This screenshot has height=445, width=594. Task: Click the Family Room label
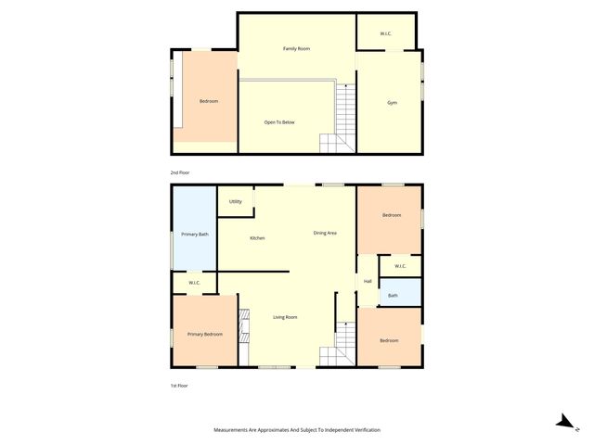click(296, 47)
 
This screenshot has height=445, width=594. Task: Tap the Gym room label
click(392, 102)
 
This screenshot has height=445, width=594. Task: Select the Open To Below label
click(279, 121)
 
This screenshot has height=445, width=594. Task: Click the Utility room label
click(236, 201)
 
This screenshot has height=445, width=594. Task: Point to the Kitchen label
click(257, 238)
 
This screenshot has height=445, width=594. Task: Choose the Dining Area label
click(325, 233)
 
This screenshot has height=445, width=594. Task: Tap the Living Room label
click(285, 317)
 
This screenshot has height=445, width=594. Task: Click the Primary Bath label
click(195, 235)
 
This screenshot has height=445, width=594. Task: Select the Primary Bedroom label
click(205, 334)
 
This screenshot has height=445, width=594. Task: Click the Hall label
click(368, 281)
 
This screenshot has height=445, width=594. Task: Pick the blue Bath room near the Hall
click(394, 296)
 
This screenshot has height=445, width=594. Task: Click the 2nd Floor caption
click(179, 172)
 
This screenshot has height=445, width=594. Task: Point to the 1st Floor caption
click(178, 385)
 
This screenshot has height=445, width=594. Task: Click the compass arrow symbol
click(563, 422)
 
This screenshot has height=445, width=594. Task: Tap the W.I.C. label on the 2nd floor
click(386, 34)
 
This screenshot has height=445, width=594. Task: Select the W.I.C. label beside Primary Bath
click(195, 283)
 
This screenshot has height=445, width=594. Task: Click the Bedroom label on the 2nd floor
click(209, 101)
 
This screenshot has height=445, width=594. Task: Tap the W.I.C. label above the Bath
click(400, 266)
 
